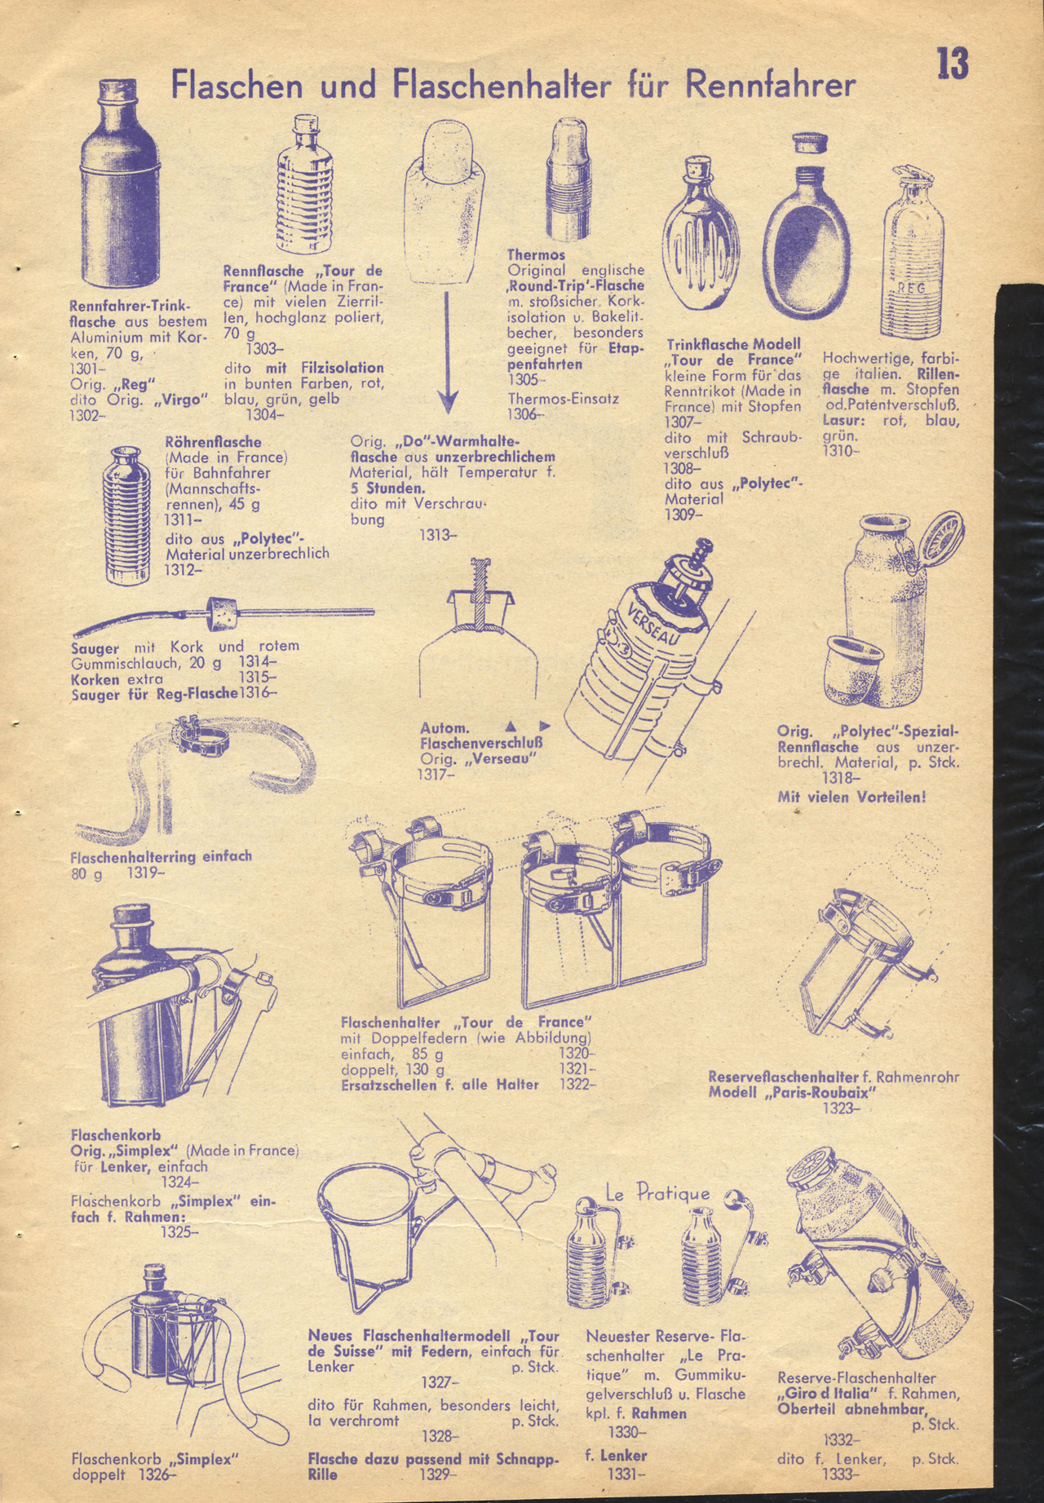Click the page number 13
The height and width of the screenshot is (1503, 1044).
point(952,64)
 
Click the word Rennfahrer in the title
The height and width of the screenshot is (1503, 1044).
point(771,85)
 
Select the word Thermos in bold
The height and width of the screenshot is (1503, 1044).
point(536,255)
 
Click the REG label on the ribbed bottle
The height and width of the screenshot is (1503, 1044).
point(912,289)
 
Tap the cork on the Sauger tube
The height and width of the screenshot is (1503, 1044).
point(221,612)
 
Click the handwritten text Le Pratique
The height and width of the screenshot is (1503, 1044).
point(657,1194)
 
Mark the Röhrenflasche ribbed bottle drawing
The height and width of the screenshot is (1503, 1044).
point(126,515)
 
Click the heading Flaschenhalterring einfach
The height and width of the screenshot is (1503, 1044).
point(161,856)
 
